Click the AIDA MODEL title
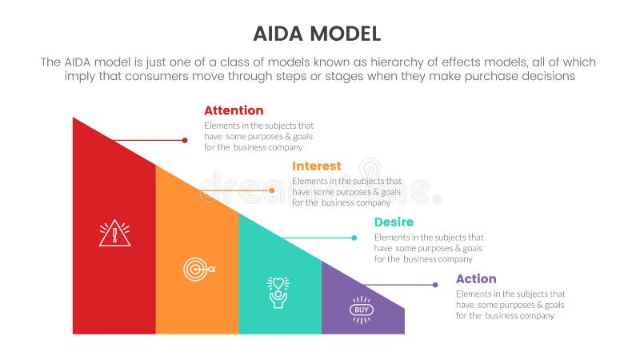(x=318, y=33)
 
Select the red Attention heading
(x=234, y=110)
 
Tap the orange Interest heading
(x=317, y=166)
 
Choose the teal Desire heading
(x=394, y=222)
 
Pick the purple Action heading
(x=476, y=278)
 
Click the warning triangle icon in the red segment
(x=114, y=233)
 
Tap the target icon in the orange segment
(x=197, y=270)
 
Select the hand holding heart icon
(x=278, y=292)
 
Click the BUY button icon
(x=362, y=310)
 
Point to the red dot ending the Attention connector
(x=186, y=140)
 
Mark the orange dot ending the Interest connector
(x=272, y=190)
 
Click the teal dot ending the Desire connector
(x=354, y=238)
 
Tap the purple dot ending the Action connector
(x=435, y=285)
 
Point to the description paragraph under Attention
(x=258, y=136)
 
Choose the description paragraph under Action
(x=510, y=305)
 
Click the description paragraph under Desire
(x=429, y=248)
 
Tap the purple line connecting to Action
(x=400, y=285)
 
